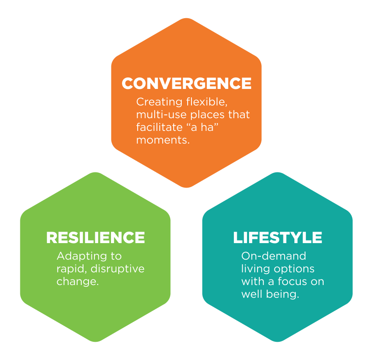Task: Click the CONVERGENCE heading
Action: click(x=186, y=83)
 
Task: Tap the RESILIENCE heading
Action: click(x=95, y=238)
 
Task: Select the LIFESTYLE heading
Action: click(x=277, y=238)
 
